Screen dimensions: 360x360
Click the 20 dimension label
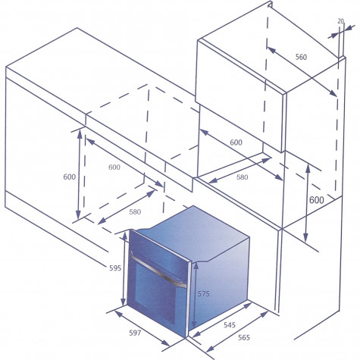340,21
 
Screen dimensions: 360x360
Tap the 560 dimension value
301,57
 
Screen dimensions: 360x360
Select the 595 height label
115,268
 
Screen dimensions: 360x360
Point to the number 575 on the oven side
203,294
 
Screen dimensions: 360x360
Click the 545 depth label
230,325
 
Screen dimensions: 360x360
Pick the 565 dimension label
244,337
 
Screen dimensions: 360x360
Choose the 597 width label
135,333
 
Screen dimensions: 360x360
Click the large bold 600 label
317,200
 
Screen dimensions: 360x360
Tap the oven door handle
158,271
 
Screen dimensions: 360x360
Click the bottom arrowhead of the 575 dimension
194,324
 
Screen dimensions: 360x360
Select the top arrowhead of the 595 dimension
125,236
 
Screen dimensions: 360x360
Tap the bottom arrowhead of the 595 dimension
123,302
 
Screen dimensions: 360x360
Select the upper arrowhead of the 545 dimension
247,305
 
